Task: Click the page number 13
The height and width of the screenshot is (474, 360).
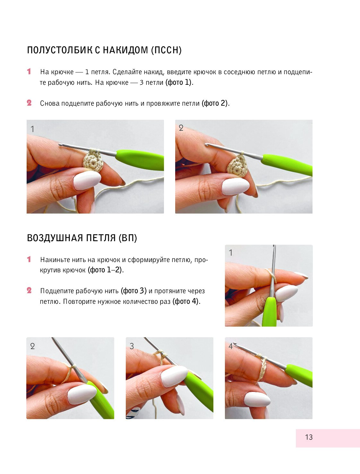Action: click(309, 437)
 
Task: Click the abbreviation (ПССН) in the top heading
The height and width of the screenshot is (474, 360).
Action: click(166, 50)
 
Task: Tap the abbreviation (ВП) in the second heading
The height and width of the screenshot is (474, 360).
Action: click(128, 238)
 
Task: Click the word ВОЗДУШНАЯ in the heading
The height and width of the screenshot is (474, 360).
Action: click(55, 238)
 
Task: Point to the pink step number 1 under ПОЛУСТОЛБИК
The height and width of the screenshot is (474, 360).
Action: click(29, 72)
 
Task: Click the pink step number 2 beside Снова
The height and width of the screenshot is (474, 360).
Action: click(29, 103)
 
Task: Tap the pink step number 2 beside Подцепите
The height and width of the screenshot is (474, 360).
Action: click(29, 290)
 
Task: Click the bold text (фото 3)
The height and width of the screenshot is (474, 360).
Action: click(134, 291)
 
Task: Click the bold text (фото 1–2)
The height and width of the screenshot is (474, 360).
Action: click(105, 270)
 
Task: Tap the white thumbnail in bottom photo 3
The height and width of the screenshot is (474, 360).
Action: click(174, 376)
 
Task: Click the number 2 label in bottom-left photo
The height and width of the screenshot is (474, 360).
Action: click(33, 346)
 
